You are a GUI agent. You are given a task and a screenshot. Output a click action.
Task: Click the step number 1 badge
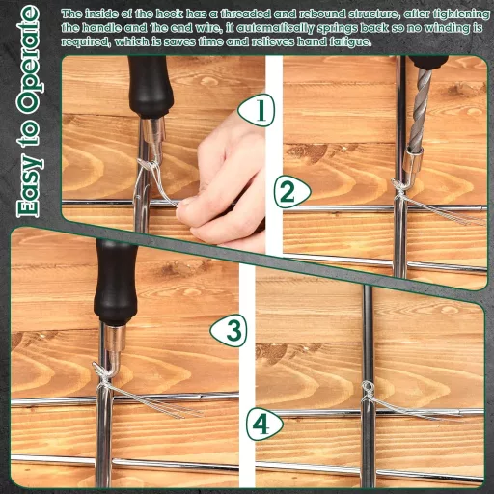coord(257,110)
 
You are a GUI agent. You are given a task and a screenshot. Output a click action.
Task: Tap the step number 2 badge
coord(292,192)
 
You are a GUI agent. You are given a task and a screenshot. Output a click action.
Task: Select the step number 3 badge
coord(229,331)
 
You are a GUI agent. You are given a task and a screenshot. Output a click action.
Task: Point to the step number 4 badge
coord(264,425)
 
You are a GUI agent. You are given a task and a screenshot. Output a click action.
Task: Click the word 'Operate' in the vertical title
coord(30,60)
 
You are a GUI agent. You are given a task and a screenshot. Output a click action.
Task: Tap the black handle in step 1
coord(150,87)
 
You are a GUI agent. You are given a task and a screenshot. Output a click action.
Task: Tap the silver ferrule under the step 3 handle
coord(115,338)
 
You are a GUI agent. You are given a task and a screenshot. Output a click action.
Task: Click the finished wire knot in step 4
coord(368,390)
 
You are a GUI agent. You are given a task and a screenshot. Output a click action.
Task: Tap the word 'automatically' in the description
coord(275,28)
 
